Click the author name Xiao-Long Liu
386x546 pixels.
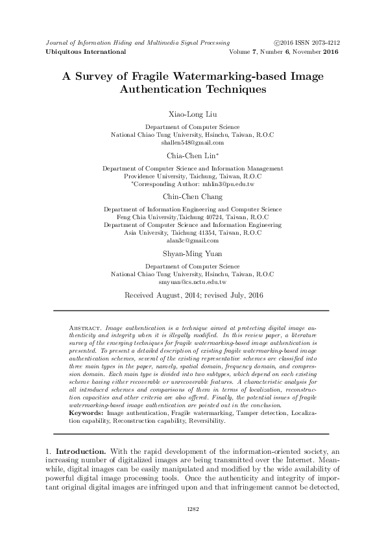pos(193,115)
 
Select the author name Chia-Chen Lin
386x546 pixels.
pos(191,156)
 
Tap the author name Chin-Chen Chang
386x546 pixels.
pos(193,196)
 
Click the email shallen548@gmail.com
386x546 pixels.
pos(193,142)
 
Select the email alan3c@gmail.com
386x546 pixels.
pos(193,239)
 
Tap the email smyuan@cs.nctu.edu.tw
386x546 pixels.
pos(193,281)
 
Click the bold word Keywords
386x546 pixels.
pos(86,394)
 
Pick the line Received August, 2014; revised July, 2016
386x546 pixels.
pos(193,295)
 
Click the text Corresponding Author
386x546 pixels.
pos(160,184)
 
